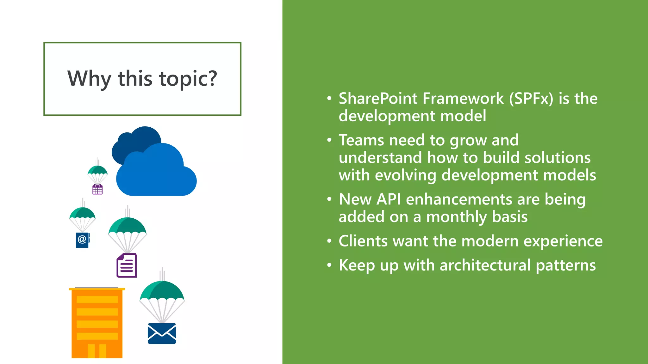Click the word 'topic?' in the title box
point(188,79)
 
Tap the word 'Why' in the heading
point(89,79)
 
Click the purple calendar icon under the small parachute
point(97,190)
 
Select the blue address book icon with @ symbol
point(82,240)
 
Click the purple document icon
point(127,266)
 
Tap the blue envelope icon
point(162,334)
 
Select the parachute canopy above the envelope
point(162,291)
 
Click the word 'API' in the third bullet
point(389,200)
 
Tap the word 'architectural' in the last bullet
point(485,265)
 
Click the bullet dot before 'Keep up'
point(329,265)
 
